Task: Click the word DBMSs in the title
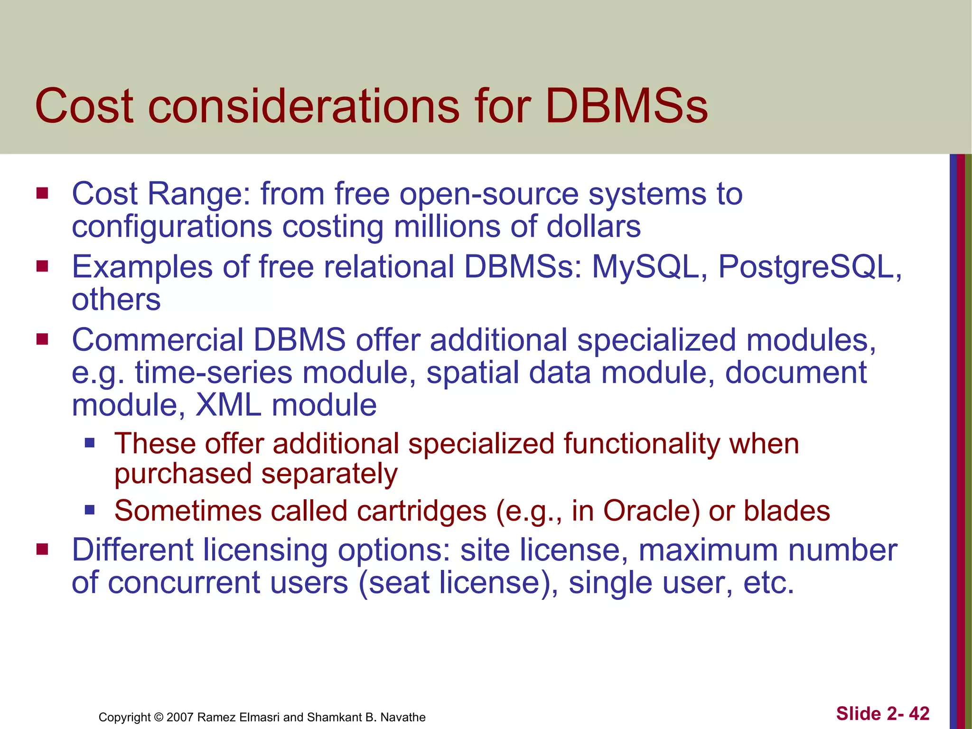coord(626,105)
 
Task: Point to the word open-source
coord(489,195)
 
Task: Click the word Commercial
coord(157,340)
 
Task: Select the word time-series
coord(214,373)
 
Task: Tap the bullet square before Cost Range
coord(42,194)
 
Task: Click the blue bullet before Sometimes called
coord(90,510)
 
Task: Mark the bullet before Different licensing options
coord(42,550)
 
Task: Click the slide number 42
coord(919,713)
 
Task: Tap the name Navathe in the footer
coord(403,717)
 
